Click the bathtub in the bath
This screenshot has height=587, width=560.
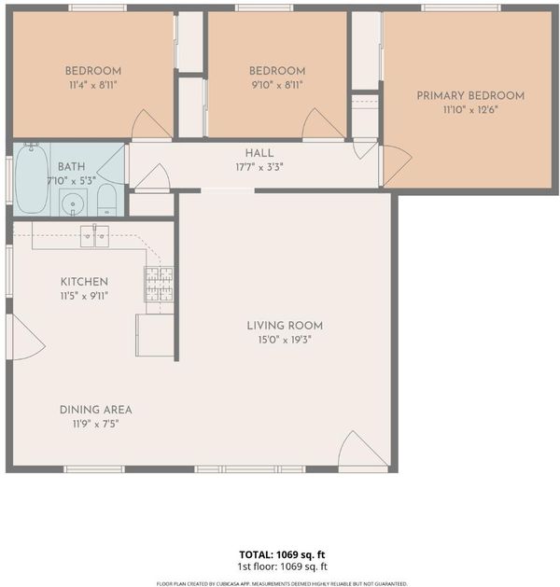(x=32, y=178)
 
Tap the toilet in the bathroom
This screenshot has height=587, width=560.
(x=106, y=200)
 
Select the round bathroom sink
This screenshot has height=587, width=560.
(x=73, y=203)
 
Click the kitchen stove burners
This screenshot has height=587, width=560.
(x=159, y=284)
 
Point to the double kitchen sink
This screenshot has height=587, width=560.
(x=94, y=236)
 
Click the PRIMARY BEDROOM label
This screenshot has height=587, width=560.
(x=470, y=96)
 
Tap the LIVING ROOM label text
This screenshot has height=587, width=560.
(x=285, y=326)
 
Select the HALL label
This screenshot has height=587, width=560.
(x=259, y=153)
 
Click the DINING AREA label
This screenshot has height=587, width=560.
(x=96, y=410)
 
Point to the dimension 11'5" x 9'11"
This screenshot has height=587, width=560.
(x=84, y=296)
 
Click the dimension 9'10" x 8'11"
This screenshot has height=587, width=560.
(x=277, y=85)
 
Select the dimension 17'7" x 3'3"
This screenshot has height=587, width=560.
(x=259, y=167)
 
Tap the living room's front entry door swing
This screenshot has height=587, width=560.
(x=362, y=449)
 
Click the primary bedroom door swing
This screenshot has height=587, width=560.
(x=396, y=165)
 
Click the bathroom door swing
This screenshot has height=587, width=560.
(x=112, y=165)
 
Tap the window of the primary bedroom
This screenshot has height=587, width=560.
(x=461, y=7)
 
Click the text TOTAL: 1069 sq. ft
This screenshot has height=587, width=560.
(x=282, y=554)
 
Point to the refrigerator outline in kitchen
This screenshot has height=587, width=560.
(x=155, y=335)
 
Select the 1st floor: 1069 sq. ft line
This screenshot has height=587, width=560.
(x=282, y=566)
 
